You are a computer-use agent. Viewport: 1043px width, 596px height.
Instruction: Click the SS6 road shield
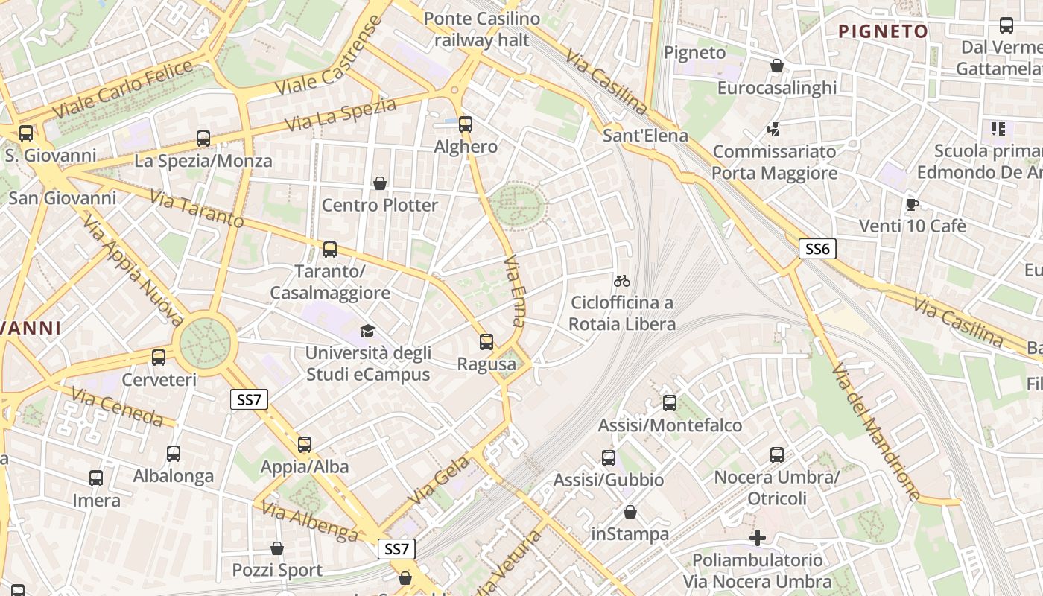click(817, 249)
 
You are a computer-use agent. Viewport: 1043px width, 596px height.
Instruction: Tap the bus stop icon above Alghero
click(466, 124)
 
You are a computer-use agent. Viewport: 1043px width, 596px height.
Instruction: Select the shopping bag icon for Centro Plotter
click(380, 183)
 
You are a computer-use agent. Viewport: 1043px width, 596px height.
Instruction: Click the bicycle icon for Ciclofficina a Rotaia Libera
click(622, 281)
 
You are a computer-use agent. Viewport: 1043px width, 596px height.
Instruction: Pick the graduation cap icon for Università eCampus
click(367, 331)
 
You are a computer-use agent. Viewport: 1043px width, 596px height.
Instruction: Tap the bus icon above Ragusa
click(486, 342)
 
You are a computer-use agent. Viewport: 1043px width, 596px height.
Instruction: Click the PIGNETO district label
click(884, 31)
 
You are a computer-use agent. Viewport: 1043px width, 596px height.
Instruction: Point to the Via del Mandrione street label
click(875, 432)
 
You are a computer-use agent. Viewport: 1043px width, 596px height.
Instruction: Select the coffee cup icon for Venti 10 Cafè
click(913, 204)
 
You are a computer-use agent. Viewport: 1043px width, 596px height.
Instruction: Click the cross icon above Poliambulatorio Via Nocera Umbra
click(758, 538)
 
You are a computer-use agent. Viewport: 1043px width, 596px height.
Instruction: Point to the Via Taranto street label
click(197, 209)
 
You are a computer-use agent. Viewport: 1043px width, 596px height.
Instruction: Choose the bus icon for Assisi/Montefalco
click(670, 403)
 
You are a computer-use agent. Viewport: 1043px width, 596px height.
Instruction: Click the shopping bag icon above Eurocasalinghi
click(777, 66)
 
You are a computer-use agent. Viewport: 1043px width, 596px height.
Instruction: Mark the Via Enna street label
click(515, 292)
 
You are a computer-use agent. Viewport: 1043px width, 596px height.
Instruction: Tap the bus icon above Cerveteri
click(159, 358)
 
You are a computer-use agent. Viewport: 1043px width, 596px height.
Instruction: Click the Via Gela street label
click(440, 479)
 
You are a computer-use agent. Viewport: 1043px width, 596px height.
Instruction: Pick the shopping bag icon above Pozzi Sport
click(277, 548)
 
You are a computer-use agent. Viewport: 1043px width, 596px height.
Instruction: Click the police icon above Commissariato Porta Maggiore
click(774, 130)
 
